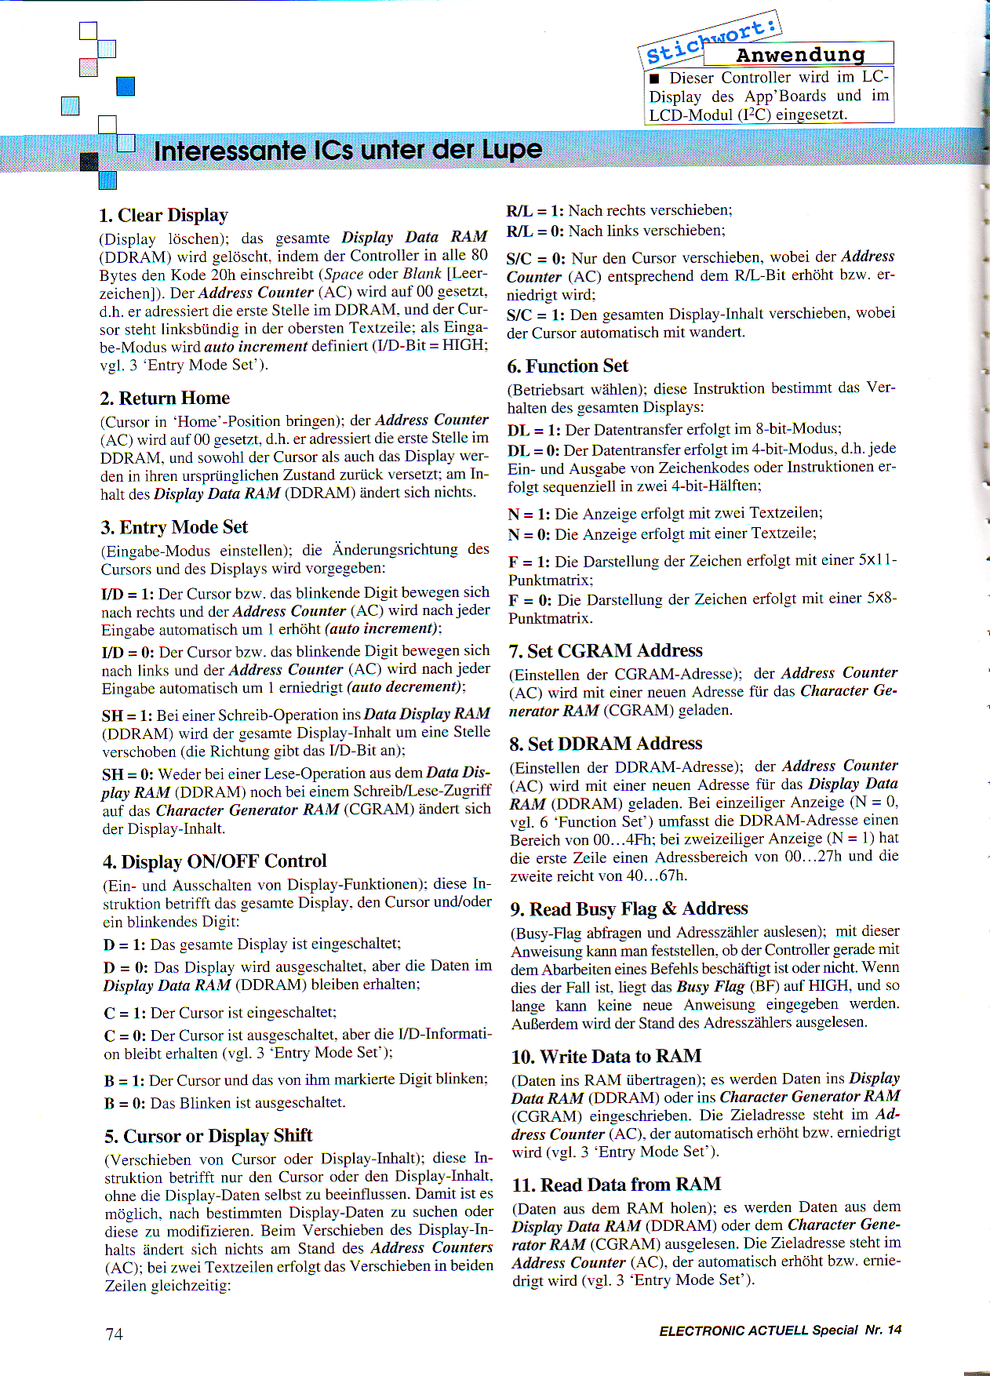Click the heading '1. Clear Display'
[x=163, y=215]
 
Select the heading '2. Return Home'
[x=165, y=398]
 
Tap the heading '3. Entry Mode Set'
[x=174, y=527]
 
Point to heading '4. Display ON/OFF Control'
[x=214, y=861]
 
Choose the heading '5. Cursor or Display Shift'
[x=208, y=1136]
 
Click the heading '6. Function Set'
[x=567, y=366]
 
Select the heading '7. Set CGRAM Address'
[x=605, y=651]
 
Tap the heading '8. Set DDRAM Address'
[x=605, y=744]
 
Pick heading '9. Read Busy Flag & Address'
[x=629, y=909]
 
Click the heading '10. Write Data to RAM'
[x=606, y=1057]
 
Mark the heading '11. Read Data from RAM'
[x=616, y=1185]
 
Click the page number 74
[x=114, y=1334]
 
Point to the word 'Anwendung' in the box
[x=800, y=55]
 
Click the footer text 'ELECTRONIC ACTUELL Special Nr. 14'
[x=780, y=1330]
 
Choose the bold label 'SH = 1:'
[x=127, y=715]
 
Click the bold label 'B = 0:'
[x=124, y=1103]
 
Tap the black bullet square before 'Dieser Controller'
[x=654, y=78]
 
